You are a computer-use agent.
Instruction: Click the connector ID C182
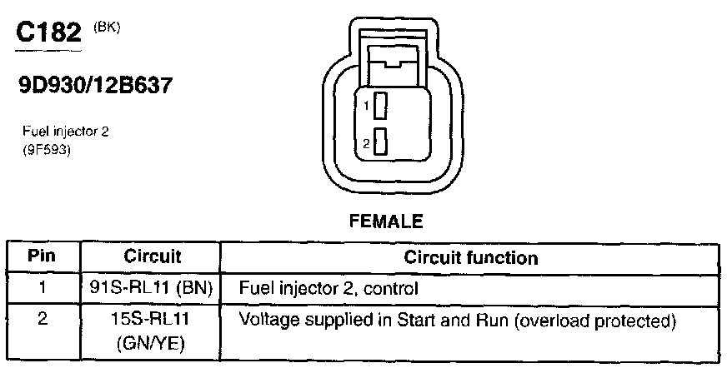click(48, 33)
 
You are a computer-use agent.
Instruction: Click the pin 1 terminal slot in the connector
click(380, 107)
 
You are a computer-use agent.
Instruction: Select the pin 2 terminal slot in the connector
click(380, 142)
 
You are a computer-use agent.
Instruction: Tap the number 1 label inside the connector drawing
click(366, 107)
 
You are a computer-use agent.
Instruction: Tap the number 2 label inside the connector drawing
click(366, 143)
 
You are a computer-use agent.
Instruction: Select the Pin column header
click(43, 256)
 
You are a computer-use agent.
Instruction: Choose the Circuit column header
click(152, 256)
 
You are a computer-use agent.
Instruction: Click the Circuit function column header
click(471, 257)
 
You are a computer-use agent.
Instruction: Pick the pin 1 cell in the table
click(43, 289)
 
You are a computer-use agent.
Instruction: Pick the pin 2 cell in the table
click(43, 319)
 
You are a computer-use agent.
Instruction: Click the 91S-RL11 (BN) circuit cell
click(152, 289)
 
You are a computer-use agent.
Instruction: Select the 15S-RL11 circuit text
click(152, 319)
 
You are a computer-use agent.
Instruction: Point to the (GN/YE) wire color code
click(152, 342)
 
